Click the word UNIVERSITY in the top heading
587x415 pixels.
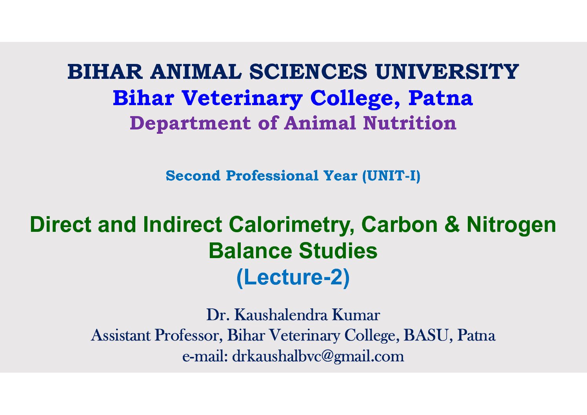[447, 71]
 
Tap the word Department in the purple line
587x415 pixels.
[190, 124]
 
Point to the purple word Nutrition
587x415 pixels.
[410, 123]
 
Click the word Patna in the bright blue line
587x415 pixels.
[440, 98]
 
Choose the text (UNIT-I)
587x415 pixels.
[391, 176]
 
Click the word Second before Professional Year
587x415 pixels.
[193, 176]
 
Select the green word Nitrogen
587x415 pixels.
[511, 225]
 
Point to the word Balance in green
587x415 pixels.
[250, 251]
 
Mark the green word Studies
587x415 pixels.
[338, 251]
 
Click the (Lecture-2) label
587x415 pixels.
[293, 278]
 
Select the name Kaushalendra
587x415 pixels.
[281, 315]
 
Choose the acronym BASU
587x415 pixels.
[426, 335]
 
